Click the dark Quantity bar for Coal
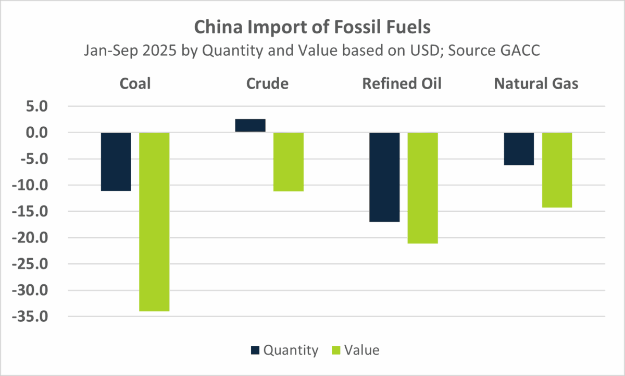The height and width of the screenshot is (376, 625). click(116, 162)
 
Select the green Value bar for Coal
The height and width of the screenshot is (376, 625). click(154, 222)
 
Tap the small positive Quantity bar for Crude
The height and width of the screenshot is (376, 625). click(250, 126)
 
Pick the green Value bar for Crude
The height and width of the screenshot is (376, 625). click(289, 162)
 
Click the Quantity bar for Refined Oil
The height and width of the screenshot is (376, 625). click(384, 177)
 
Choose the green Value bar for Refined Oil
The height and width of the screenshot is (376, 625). click(423, 188)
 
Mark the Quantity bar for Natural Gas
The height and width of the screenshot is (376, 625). click(519, 149)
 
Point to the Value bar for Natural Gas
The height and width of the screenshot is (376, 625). click(557, 170)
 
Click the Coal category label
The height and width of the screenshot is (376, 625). click(135, 84)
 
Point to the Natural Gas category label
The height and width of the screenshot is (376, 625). click(536, 84)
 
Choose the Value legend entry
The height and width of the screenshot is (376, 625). click(355, 350)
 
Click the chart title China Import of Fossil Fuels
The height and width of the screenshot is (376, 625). click(312, 26)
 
